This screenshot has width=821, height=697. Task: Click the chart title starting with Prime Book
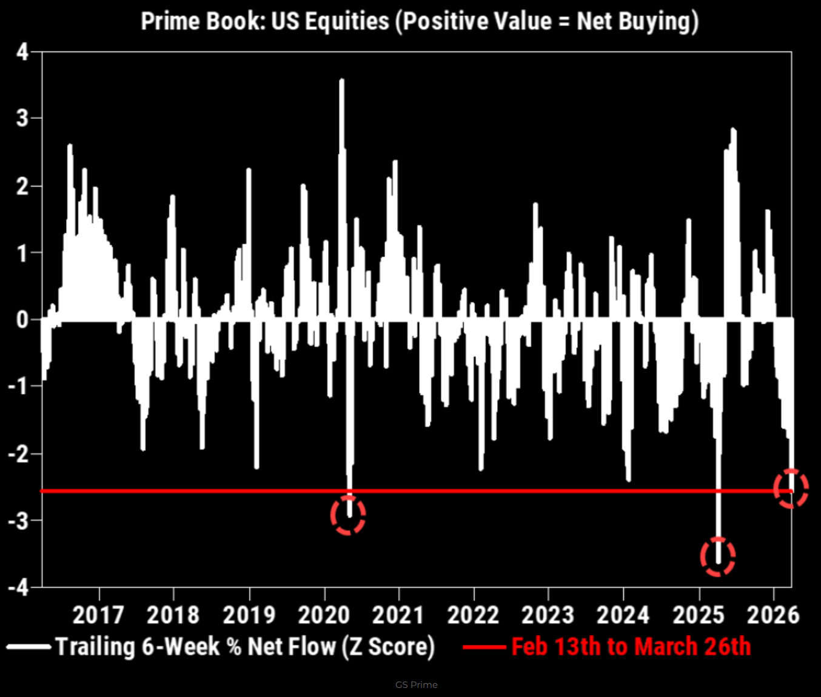pos(420,21)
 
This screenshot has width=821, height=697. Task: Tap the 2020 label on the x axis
pos(324,615)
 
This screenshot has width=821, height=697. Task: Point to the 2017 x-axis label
pos(99,615)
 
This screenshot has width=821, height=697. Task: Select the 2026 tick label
pos(773,615)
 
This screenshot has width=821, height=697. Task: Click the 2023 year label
pos(548,615)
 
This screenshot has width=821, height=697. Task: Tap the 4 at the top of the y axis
pos(22,52)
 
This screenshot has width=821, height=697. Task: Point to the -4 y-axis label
pos(19,587)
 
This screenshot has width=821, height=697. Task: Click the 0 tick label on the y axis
pos(22,319)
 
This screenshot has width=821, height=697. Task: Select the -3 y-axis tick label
pos(19,520)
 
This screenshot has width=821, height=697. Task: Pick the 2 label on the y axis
pos(22,186)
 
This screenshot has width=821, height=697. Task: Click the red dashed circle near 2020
pos(348,515)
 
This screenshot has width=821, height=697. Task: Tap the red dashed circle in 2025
pos(718,556)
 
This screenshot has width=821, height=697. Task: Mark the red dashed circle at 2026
pos(791,488)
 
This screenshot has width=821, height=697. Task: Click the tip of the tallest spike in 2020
pos(342,79)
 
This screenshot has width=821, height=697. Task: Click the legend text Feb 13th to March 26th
pos(631,647)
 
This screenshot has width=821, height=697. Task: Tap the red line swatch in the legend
pos(484,647)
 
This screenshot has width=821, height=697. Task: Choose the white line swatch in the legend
pos(28,647)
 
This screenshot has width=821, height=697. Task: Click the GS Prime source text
pos(416,685)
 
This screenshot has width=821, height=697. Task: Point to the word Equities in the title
pos(347,21)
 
